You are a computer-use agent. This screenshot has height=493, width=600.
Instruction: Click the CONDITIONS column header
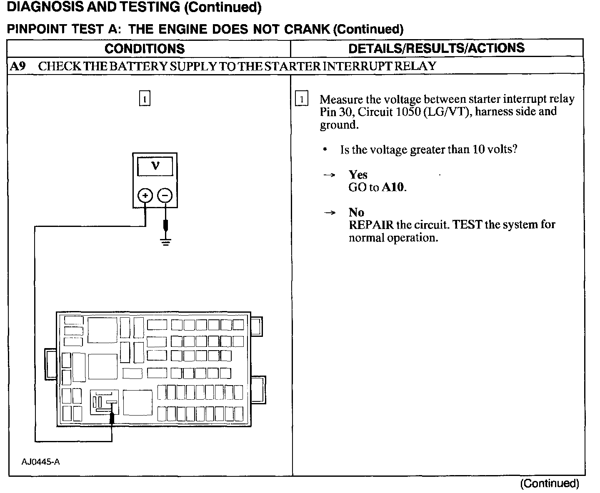point(145,48)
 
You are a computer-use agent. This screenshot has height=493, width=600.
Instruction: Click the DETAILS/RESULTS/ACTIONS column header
point(436,48)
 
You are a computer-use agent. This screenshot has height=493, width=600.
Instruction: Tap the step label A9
point(18,66)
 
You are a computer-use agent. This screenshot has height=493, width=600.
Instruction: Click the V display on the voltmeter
point(155,166)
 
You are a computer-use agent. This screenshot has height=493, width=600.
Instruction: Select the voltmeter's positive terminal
point(145,195)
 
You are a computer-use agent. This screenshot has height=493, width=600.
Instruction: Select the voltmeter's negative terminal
point(165,195)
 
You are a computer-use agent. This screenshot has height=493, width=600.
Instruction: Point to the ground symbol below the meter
point(166,242)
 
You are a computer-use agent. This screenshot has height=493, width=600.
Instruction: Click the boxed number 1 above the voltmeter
point(144,99)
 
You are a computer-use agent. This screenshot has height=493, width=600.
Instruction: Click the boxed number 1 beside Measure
point(302,100)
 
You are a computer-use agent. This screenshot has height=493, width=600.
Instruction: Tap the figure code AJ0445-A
point(41,462)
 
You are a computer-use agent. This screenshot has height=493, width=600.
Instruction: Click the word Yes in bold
point(358,175)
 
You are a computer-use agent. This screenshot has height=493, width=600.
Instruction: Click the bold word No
point(356,212)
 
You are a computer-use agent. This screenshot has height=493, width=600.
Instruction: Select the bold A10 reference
point(393,187)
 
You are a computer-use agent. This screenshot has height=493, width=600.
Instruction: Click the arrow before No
point(329,213)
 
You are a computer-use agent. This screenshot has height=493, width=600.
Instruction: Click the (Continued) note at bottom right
point(549,483)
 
